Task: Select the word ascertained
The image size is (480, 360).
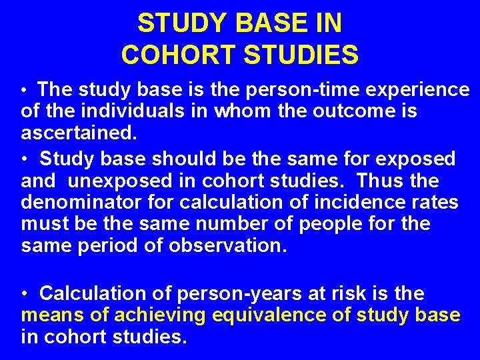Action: pos(77,133)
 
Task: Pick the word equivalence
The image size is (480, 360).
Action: pos(262,315)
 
